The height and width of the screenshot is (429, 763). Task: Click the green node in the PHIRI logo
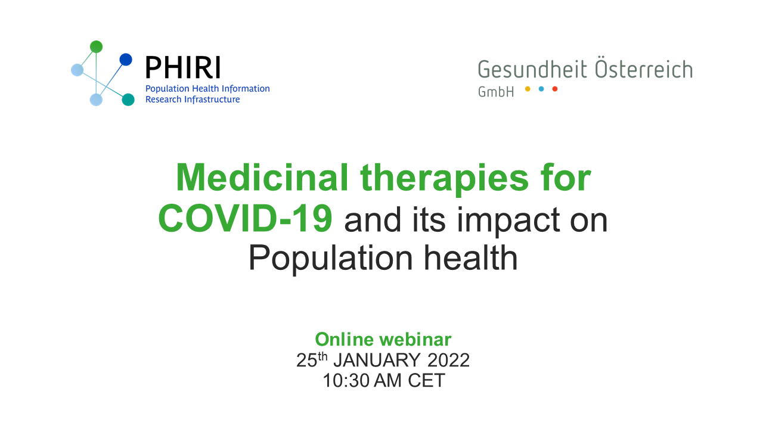96,46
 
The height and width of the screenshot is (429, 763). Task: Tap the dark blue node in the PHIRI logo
125,60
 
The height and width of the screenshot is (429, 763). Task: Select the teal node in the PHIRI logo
128,100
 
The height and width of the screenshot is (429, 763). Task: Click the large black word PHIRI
183,68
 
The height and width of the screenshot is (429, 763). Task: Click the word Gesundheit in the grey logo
526,70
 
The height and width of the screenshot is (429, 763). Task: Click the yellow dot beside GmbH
528,89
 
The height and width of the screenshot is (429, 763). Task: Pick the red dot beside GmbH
555,89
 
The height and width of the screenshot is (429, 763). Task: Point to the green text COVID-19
245,219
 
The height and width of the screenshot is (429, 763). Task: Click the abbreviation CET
426,381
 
